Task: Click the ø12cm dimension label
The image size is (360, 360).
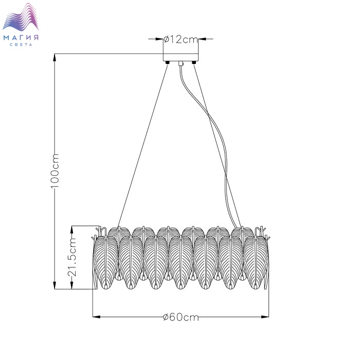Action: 181,40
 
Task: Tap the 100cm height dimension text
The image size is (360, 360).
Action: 55,171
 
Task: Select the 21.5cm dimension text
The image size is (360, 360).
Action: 72,257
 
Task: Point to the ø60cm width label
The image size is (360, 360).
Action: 181,317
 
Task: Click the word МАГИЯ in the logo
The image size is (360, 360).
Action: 21,38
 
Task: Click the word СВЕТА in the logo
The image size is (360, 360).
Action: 21,45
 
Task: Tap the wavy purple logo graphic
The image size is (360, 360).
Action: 21,17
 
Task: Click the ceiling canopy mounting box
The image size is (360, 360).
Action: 181,57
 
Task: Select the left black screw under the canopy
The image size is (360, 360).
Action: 168,62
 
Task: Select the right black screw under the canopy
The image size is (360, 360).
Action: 194,62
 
